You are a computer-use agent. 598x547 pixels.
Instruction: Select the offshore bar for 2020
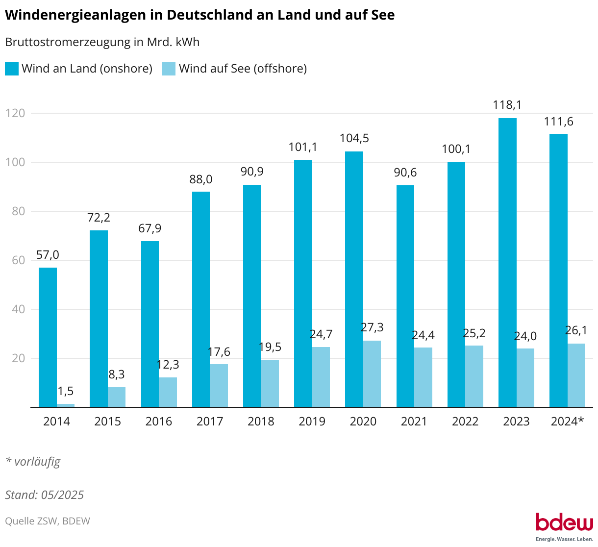tap(372, 373)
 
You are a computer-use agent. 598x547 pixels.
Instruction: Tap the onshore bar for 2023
tap(507, 262)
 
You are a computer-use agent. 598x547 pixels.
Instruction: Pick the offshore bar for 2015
tap(117, 397)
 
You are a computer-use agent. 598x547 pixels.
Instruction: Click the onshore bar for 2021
tap(405, 296)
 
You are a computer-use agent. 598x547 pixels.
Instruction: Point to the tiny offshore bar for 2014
tap(66, 405)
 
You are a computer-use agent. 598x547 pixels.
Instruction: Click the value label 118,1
tap(507, 105)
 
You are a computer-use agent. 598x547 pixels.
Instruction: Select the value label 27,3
tap(372, 327)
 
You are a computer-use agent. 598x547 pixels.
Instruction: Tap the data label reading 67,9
tap(150, 228)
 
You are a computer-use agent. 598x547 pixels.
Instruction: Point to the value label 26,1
tap(576, 330)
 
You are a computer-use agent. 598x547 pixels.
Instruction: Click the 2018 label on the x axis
tap(261, 422)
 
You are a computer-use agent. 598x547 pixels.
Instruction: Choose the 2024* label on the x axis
tap(567, 422)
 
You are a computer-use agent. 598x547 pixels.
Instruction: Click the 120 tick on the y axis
tap(16, 113)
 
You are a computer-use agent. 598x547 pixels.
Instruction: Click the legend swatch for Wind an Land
tap(12, 69)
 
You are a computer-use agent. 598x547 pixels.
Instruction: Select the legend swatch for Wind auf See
tap(169, 69)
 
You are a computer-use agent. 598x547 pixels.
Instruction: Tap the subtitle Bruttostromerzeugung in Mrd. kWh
tap(102, 42)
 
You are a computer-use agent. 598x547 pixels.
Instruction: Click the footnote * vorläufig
tap(33, 461)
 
